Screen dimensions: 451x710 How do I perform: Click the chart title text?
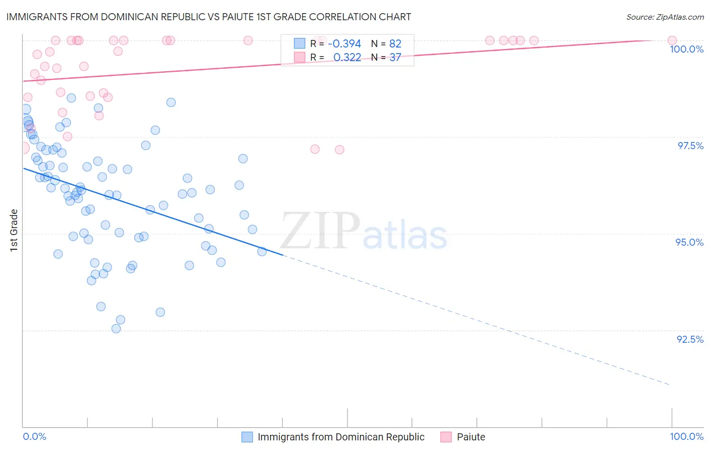209,17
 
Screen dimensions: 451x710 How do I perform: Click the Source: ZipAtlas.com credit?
665,17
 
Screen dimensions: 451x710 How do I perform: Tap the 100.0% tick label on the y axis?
686,49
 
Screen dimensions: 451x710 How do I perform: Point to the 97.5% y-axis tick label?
690,146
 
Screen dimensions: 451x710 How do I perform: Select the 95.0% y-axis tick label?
689,242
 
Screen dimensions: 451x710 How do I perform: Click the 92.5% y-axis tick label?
690,339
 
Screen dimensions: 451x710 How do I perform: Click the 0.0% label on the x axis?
34,436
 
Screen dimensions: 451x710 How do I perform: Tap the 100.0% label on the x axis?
686,436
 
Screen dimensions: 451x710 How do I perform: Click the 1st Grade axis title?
14,230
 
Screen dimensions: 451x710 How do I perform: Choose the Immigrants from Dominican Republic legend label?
341,437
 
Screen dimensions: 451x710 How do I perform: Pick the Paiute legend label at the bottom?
471,437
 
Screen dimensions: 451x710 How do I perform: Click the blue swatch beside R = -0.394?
300,43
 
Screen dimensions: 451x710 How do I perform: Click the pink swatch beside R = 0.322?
300,58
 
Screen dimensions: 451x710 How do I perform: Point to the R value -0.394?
344,43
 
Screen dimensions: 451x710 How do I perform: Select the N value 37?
395,58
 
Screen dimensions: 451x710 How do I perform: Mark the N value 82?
395,43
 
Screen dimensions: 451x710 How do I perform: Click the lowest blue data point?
116,329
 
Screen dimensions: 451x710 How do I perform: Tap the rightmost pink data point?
672,40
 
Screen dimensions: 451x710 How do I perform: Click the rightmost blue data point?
262,251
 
